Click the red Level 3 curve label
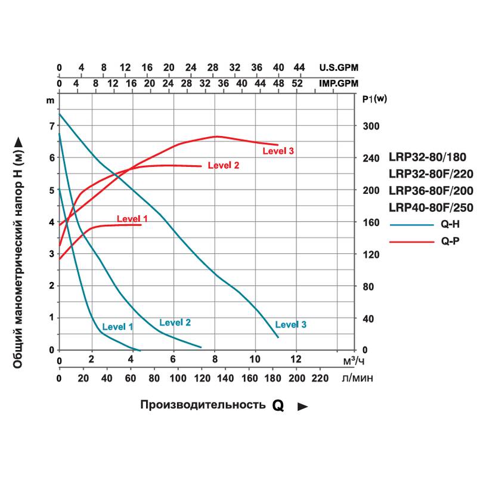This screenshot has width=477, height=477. (x=278, y=151)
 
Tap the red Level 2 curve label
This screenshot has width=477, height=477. (x=224, y=165)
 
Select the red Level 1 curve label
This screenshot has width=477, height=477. (x=132, y=219)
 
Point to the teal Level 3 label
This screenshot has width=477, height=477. (x=291, y=324)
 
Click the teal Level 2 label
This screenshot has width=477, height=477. (x=175, y=323)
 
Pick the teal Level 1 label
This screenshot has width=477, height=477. (x=117, y=327)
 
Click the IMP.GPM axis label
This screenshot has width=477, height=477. (x=339, y=83)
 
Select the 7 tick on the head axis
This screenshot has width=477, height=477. (x=52, y=126)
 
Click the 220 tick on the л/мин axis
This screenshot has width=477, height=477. (x=320, y=377)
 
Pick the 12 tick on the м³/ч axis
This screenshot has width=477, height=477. (x=296, y=360)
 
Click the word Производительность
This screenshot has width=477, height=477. (x=203, y=405)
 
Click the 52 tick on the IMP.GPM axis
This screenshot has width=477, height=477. (x=296, y=83)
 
